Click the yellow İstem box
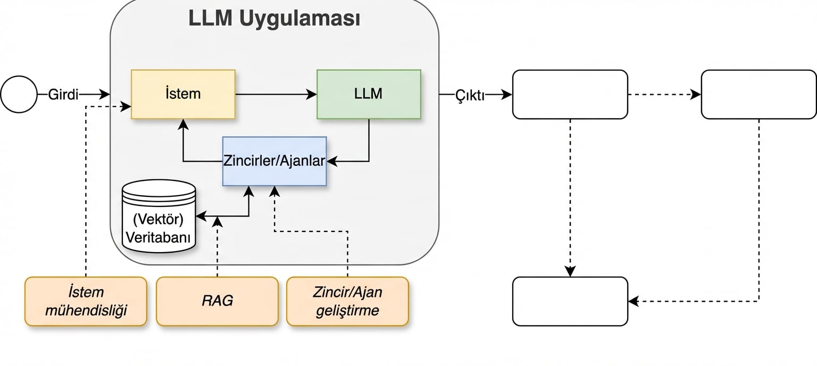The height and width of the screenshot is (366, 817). click(x=183, y=94)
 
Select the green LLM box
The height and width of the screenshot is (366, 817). click(x=369, y=94)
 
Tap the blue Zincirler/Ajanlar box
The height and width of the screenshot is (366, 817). click(x=274, y=161)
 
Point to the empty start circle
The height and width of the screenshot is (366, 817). click(x=19, y=95)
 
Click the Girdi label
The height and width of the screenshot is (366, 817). click(x=63, y=95)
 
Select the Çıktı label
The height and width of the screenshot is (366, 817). click(x=470, y=95)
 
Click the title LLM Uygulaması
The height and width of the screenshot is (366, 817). click(x=274, y=19)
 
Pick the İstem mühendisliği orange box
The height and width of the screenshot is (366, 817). click(x=86, y=301)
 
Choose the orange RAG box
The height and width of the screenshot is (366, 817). click(x=217, y=301)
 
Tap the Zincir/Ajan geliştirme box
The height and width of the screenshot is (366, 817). click(x=347, y=301)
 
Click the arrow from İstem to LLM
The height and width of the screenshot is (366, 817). click(x=276, y=95)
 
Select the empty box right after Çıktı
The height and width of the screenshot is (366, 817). click(x=570, y=94)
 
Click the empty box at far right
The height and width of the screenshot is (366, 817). click(x=758, y=94)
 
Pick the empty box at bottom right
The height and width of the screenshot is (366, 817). click(x=570, y=301)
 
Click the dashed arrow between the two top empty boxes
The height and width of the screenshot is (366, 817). click(x=664, y=95)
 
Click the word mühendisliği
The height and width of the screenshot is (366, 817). click(x=86, y=310)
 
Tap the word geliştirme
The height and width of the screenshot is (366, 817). click(x=347, y=310)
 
